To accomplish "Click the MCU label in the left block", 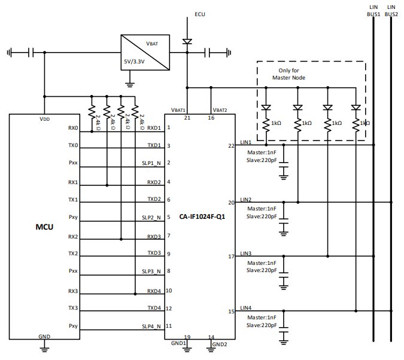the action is coord(44,227).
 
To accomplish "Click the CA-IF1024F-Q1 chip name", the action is coord(202,216).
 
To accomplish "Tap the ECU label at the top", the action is coord(200,14).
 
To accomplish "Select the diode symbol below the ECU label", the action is coord(187,41).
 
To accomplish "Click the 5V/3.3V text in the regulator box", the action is coord(134,62).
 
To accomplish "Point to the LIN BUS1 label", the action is coord(373,11).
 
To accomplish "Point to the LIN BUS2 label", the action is coord(391,11).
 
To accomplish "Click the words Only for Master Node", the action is coord(289,74).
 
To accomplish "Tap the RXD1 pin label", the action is coord(154,128).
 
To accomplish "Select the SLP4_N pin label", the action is coord(151,327).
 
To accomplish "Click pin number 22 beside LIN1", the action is coord(231,146).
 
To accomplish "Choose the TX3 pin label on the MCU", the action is coord(73,308).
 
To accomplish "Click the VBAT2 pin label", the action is coord(220,110).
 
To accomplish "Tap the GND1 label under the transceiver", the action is coord(178,343).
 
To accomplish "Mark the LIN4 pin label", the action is coord(245,308).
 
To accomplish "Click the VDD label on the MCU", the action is coord(44,119).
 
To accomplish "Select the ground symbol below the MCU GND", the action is coord(44,349).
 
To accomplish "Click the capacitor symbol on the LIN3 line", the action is coord(284,274).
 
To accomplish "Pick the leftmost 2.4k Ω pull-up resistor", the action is coord(92,112).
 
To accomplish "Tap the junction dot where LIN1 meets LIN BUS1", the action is coord(373,145).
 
